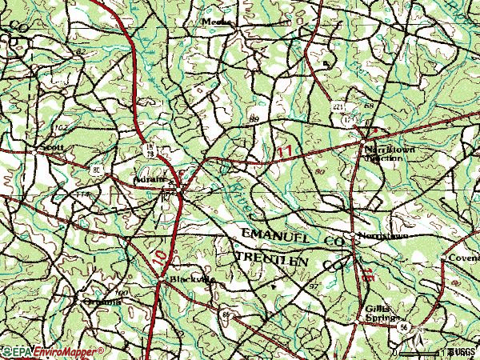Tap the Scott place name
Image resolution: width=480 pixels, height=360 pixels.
pyautogui.click(x=54, y=148)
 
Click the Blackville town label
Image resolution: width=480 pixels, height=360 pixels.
pyautogui.click(x=192, y=280)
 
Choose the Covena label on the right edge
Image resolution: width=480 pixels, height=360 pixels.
pyautogui.click(x=463, y=258)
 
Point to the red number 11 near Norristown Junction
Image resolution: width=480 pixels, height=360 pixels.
pyautogui.click(x=285, y=150)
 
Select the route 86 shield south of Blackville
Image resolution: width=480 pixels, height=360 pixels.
pyautogui.click(x=226, y=315)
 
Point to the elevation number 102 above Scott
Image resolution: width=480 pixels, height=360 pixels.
pyautogui.click(x=61, y=127)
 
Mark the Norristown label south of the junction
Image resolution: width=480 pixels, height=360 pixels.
pyautogui.click(x=382, y=238)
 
